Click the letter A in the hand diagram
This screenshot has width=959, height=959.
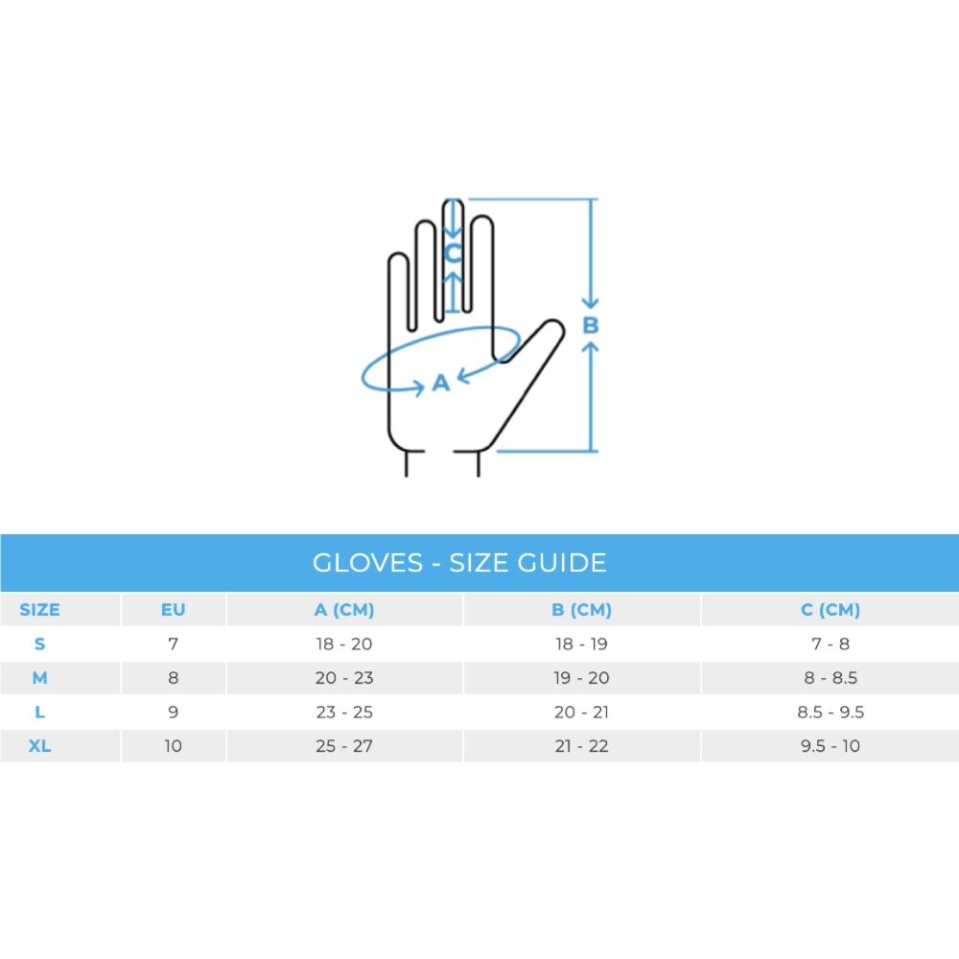[x=441, y=383]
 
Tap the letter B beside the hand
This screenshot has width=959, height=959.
[x=590, y=325]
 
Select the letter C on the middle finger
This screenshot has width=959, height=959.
[x=453, y=252]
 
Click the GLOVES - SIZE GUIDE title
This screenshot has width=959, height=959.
[x=459, y=563]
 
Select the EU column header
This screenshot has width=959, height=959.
[x=173, y=610]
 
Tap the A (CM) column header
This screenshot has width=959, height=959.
[x=344, y=610]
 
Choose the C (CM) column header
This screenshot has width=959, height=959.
[x=830, y=610]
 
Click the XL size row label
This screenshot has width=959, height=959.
[x=39, y=746]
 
